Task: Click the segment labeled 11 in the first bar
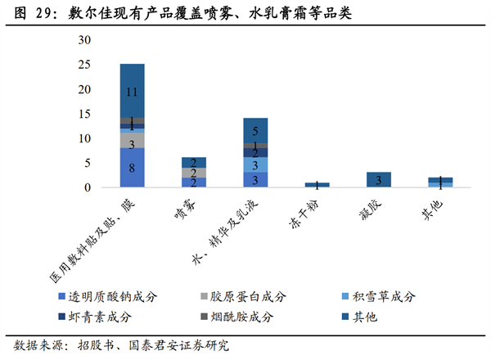(132, 91)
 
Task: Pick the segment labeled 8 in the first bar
(132, 168)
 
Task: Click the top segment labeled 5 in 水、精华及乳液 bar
(255, 130)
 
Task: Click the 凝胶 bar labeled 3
(378, 180)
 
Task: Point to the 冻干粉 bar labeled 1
(317, 185)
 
